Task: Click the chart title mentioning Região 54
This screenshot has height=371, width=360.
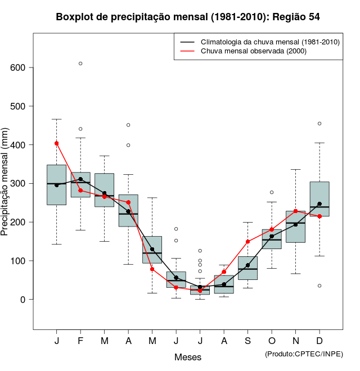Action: point(188,17)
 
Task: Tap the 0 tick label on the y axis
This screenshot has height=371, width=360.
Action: point(23,300)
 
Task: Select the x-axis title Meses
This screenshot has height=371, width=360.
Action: point(188,357)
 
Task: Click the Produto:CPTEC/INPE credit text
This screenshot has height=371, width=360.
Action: point(304,354)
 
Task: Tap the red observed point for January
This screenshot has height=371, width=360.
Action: point(56,143)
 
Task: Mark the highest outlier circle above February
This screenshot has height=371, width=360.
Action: point(80,64)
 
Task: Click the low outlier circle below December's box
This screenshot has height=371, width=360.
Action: point(319,286)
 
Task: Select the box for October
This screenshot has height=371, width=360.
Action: point(272,239)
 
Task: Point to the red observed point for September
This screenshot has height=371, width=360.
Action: point(247,242)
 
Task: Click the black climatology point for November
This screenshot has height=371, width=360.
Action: point(295,224)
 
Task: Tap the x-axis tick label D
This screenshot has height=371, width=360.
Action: point(319,341)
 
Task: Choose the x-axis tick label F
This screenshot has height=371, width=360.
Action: point(80,341)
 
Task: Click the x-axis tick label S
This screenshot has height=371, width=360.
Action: point(247,341)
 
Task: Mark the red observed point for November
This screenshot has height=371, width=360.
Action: point(295,211)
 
